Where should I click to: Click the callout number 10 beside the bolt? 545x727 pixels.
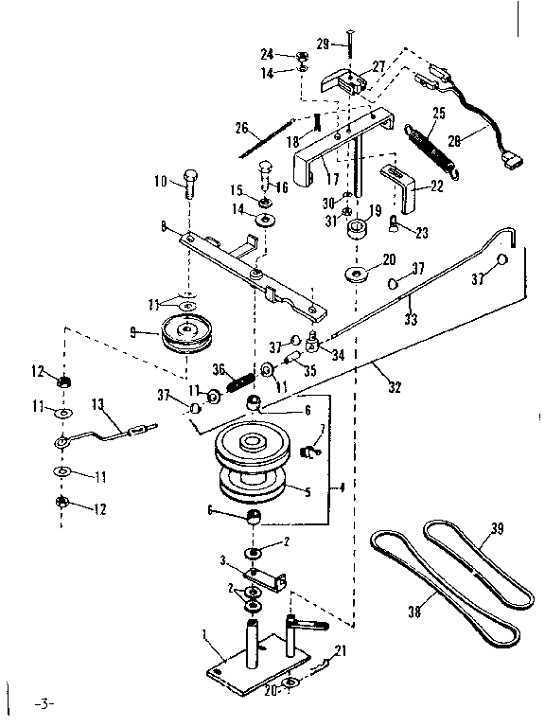coord(160,180)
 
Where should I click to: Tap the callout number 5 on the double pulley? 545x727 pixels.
coord(308,491)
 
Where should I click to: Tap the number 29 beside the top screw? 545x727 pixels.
coord(323,44)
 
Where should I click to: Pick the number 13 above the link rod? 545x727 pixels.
coord(97,404)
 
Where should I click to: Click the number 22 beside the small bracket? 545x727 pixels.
coord(437,186)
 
